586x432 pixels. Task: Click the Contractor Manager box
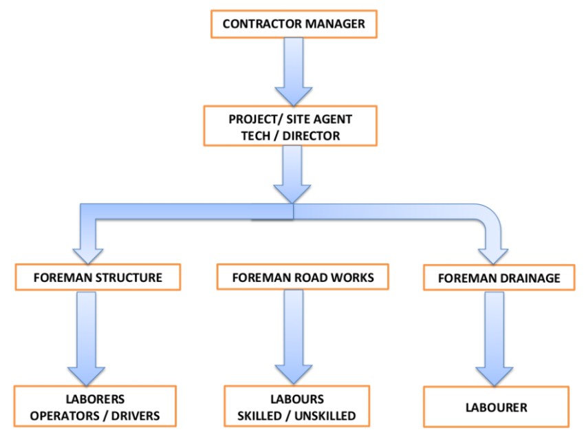click(294, 24)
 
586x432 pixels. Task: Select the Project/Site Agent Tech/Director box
click(290, 126)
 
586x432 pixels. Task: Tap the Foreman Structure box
click(98, 277)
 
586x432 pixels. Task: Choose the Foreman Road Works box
click(303, 277)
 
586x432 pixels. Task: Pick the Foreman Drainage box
click(499, 278)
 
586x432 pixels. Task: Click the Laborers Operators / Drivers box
click(95, 407)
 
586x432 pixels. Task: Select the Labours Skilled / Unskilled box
click(296, 407)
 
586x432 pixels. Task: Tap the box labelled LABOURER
click(497, 407)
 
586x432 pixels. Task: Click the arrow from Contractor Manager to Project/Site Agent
click(294, 72)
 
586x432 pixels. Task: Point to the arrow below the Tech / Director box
click(292, 174)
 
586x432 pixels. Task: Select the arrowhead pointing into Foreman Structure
click(88, 256)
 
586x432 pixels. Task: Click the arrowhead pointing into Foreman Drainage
click(493, 257)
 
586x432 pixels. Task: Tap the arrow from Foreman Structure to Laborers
click(87, 338)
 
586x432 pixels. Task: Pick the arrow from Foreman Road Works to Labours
click(294, 337)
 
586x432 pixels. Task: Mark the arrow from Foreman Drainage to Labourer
click(495, 339)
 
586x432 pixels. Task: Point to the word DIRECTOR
click(311, 136)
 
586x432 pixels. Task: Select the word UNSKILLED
click(325, 415)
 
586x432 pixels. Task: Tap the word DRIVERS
click(135, 415)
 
